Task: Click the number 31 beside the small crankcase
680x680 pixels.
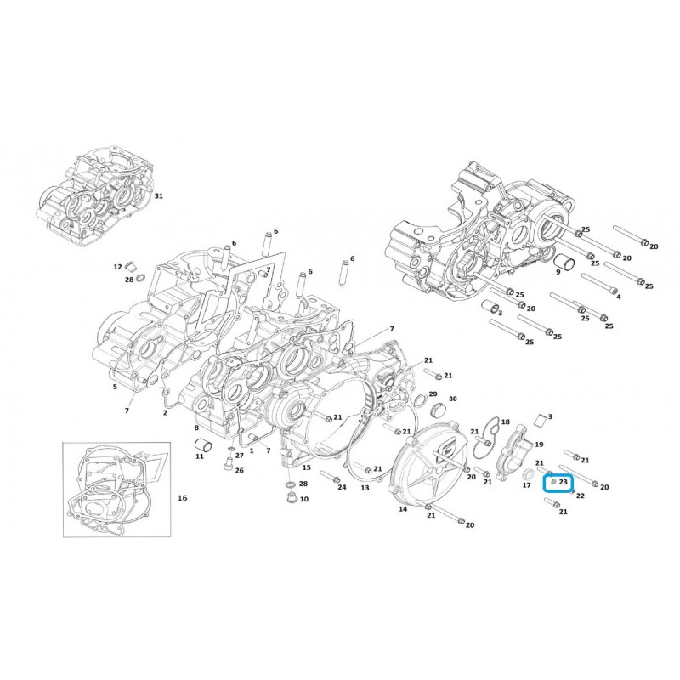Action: coord(159,196)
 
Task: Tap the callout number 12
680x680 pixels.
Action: coord(117,267)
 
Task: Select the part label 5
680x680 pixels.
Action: coord(115,387)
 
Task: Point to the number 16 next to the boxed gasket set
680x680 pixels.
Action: coord(183,498)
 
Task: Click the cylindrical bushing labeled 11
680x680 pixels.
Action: coord(201,445)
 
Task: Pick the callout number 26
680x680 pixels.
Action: coord(240,471)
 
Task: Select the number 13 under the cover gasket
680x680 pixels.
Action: coord(365,488)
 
